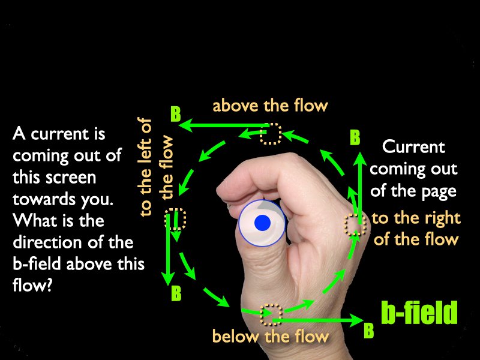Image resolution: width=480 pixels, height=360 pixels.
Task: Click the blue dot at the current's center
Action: coord(262,223)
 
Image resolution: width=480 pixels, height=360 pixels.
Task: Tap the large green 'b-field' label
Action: coord(419,313)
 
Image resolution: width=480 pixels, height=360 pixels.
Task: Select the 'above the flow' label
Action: coord(270,106)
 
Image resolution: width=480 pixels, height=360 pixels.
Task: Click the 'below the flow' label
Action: coord(271,336)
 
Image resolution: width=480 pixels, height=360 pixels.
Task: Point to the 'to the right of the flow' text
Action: coord(416,229)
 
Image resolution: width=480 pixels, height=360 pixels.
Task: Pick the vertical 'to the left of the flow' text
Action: coord(156,167)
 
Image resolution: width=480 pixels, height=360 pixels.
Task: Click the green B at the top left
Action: coord(176,114)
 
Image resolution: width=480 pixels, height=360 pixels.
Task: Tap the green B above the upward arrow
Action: coord(355,137)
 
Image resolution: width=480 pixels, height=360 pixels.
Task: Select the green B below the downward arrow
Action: coord(176,293)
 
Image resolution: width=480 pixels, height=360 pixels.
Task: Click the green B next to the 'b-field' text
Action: coord(369,331)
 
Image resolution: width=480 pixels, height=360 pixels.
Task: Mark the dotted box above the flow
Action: coord(271,133)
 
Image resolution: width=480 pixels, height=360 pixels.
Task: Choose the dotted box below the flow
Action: coord(271,314)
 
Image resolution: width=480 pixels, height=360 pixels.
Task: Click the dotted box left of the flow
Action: coord(175,219)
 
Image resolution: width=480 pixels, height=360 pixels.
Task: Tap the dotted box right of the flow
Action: coord(355,224)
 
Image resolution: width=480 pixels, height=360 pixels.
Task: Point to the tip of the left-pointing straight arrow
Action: coord(179,125)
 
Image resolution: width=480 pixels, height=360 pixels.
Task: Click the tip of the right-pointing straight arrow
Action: coord(364,320)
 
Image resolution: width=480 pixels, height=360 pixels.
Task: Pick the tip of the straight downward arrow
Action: coord(167,286)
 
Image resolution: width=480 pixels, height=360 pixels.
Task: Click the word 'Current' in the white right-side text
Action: coord(413,147)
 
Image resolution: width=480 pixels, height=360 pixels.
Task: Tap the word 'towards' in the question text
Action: coord(44,199)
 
